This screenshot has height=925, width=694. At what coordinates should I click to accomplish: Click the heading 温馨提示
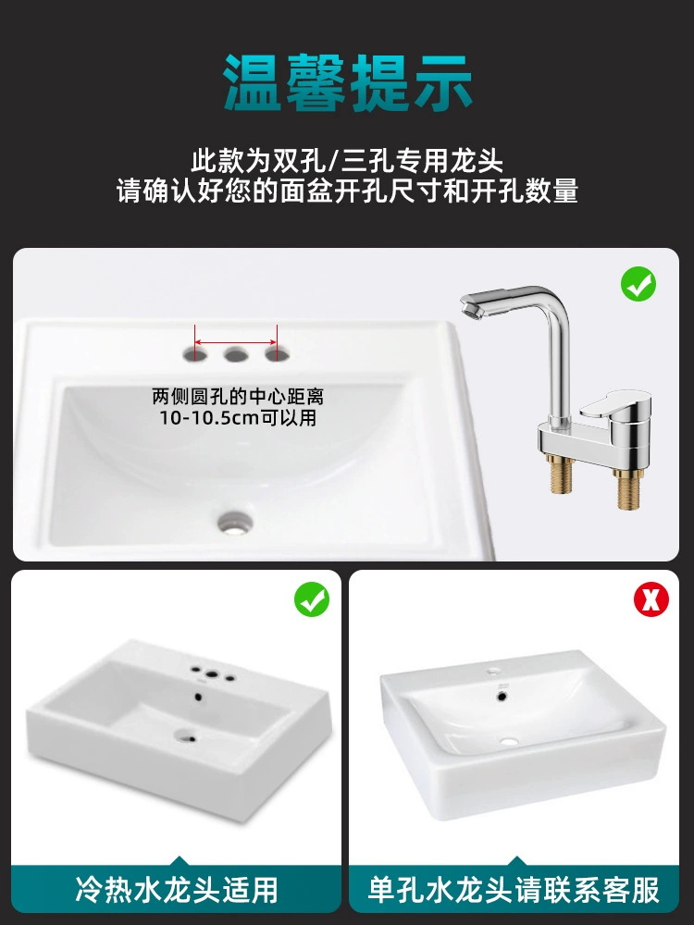348,82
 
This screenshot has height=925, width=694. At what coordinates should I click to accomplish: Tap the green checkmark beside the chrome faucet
638,284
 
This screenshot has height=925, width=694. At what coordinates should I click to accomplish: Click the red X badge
651,599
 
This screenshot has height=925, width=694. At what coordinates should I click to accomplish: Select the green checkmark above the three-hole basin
312,599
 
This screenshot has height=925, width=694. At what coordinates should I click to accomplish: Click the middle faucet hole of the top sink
235,354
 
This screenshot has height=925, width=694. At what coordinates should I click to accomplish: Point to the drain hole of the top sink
235,522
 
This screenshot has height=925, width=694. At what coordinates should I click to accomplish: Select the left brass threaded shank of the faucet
558,474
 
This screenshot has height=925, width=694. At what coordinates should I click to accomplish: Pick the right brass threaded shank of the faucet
626,487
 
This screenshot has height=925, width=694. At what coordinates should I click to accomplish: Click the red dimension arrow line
235,341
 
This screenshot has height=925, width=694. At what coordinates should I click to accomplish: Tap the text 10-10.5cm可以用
238,418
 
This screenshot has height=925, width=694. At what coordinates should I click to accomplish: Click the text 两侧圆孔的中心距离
238,397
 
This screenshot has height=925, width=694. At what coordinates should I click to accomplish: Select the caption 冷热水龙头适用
177,890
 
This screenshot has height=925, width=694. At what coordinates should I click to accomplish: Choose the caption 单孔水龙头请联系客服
514,890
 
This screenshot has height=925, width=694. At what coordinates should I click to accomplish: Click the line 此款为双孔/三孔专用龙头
347,161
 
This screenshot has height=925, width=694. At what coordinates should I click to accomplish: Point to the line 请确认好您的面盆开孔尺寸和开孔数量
347,191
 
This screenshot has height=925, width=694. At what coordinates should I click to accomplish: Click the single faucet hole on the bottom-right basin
493,672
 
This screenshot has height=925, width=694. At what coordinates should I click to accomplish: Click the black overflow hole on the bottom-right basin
502,697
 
